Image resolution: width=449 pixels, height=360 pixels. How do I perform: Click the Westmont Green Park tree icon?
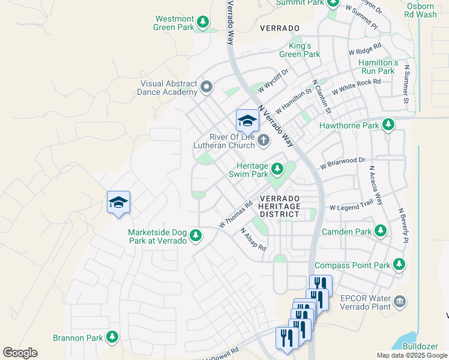coord(203,22)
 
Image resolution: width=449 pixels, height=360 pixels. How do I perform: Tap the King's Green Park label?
coord(304,50)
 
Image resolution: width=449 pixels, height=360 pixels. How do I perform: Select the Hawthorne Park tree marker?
coord(389,125)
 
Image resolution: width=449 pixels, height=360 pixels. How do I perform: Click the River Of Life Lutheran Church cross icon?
coord(264,140)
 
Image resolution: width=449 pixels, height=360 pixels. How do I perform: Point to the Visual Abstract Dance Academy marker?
coord(207,88)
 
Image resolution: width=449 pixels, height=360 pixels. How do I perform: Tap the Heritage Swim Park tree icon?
coord(277,169)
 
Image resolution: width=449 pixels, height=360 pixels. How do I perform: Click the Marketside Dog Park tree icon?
coord(196,236)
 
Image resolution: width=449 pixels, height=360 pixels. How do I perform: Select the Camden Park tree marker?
coord(380,230)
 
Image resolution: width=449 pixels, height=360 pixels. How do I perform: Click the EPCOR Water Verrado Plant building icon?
coord(400,301)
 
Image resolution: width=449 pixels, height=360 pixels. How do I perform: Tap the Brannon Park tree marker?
coord(112,337)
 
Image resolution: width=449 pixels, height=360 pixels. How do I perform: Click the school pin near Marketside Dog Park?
coord(119,203)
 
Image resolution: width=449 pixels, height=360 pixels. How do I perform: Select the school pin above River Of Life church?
coord(247,121)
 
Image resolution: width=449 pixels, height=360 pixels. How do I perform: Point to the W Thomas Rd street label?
coord(235,214)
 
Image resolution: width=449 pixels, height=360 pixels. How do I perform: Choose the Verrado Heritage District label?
coord(279,206)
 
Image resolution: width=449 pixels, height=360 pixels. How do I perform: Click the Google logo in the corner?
coord(20,353)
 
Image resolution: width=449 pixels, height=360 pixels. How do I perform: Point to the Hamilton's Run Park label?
coord(378,67)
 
